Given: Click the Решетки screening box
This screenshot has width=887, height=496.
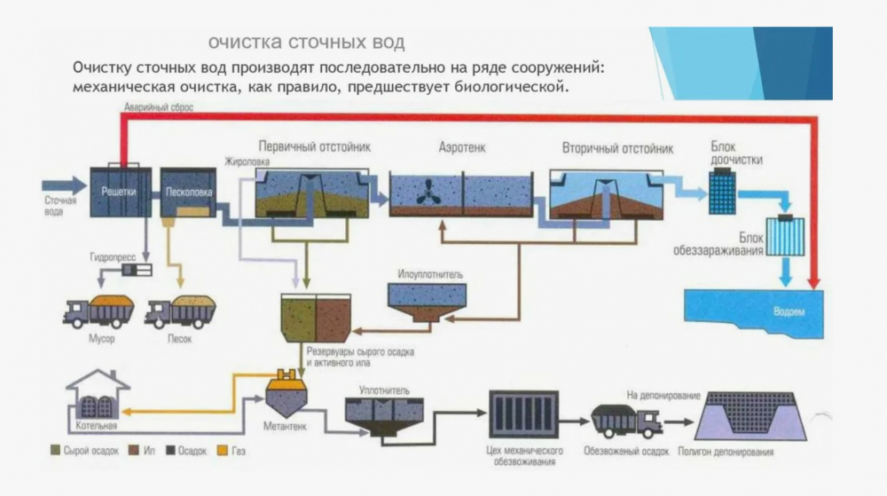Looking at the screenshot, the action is (x=121, y=192).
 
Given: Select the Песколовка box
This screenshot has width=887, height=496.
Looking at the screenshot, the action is (x=188, y=193).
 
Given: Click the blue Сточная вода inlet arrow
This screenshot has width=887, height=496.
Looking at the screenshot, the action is (x=65, y=185).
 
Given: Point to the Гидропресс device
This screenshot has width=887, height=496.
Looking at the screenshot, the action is (x=137, y=271).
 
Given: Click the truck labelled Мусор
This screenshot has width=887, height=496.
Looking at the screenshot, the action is (x=98, y=311).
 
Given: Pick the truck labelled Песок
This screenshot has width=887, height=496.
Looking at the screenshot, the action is (x=180, y=311).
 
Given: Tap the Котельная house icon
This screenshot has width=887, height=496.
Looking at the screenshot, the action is (x=98, y=394).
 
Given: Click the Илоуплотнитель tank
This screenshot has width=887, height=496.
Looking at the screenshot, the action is (x=428, y=302).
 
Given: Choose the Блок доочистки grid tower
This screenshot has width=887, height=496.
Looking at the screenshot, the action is (x=722, y=192).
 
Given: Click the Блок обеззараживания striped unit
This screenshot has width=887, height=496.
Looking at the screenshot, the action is (x=785, y=235).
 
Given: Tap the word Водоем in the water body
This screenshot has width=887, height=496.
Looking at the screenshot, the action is (x=789, y=311).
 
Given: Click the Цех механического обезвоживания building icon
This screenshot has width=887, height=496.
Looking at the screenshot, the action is (x=524, y=414).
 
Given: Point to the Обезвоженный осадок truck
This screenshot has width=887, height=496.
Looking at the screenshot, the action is (x=626, y=421).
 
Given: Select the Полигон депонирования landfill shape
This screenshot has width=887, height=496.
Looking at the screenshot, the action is (x=751, y=416).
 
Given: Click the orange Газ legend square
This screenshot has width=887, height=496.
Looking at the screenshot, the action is (x=223, y=451).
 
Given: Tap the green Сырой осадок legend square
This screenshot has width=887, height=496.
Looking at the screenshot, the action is (x=55, y=451).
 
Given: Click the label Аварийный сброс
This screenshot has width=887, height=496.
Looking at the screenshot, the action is (x=159, y=106).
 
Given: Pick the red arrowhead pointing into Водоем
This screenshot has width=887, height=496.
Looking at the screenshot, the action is (x=814, y=283).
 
